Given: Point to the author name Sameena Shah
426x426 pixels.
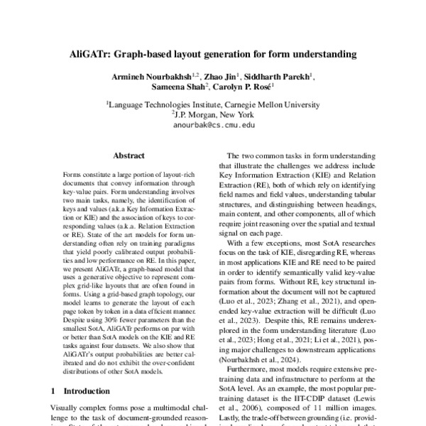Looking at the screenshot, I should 176,88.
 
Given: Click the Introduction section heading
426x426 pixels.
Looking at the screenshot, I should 87,390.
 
